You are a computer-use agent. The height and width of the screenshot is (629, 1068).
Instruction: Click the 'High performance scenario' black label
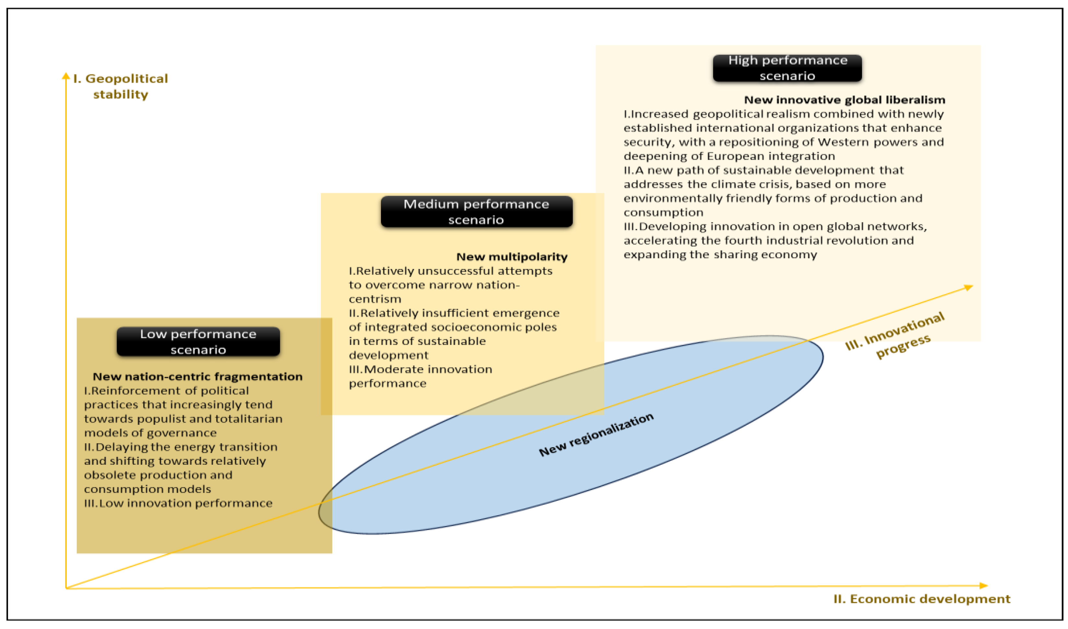(787, 68)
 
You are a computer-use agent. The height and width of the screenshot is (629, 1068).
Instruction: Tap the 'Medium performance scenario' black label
(476, 212)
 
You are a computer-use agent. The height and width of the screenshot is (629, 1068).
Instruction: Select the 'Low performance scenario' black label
(198, 342)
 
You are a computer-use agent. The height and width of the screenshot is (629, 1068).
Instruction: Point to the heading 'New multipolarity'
(512, 257)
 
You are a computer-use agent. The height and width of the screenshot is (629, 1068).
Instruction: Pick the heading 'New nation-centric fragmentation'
(197, 376)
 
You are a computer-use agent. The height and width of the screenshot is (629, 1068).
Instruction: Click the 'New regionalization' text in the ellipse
(596, 435)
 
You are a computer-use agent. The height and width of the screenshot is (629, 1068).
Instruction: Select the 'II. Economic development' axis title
(922, 599)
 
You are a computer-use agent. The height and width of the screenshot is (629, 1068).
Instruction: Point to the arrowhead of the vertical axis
(66, 76)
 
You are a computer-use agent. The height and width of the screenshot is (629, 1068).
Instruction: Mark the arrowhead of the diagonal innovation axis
(968, 288)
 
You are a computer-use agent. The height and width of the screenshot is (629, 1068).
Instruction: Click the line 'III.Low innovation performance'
(178, 503)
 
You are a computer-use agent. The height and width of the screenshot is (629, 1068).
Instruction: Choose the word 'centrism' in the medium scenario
(375, 299)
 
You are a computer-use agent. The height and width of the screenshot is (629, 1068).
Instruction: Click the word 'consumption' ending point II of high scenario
(663, 212)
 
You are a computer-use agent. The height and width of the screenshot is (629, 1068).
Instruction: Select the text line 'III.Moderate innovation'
(420, 369)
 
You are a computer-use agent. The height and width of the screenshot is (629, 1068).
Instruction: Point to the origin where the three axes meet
(66, 588)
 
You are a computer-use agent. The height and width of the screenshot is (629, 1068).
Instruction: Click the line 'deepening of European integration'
(729, 156)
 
